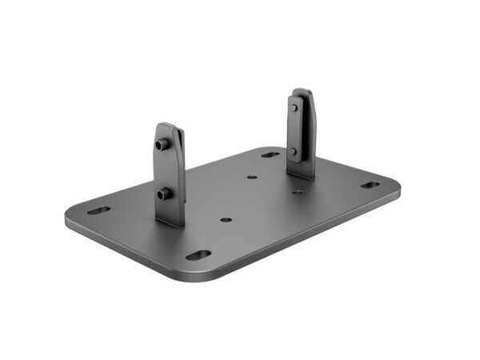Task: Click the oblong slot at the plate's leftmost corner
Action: pos(98,211)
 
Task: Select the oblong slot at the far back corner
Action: pos(270,154)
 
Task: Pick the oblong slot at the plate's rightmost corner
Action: pos(370,185)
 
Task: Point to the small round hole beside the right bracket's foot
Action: pos(298,190)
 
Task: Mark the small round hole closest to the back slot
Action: pos(252,178)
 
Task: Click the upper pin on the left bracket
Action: pos(163,146)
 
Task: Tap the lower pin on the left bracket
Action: pos(164,193)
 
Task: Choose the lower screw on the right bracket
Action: pos(294,151)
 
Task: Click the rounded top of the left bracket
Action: pos(168,126)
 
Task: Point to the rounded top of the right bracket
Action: pos(302,91)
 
